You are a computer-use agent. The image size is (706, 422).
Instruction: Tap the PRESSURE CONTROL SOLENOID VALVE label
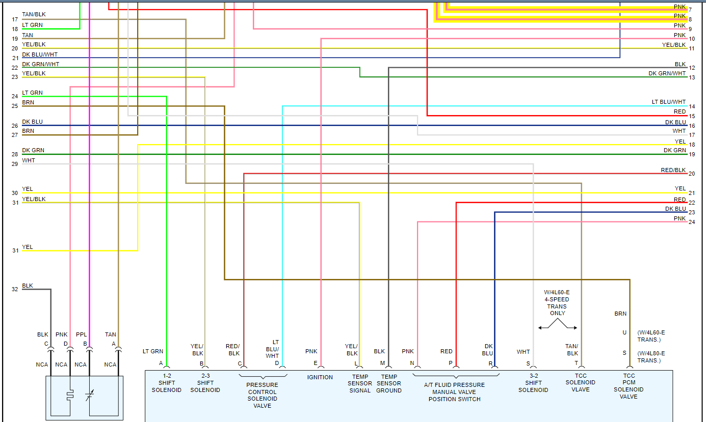click(x=262, y=395)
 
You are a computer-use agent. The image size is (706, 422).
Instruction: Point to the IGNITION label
click(x=320, y=377)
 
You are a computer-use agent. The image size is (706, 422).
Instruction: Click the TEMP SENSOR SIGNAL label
click(x=360, y=384)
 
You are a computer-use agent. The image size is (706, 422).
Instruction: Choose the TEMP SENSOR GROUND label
click(x=389, y=384)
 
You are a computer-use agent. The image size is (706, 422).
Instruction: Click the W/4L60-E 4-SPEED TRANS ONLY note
click(x=557, y=303)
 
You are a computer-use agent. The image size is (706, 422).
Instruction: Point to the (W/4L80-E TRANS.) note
click(x=651, y=357)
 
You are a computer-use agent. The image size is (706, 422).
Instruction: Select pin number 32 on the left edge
click(x=15, y=289)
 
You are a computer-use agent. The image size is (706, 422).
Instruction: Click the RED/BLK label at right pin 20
click(x=673, y=170)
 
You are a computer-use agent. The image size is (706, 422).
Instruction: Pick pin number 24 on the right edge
click(x=692, y=222)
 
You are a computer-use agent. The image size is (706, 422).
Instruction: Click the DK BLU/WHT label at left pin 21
click(x=41, y=54)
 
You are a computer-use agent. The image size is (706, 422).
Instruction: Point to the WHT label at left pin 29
click(x=29, y=160)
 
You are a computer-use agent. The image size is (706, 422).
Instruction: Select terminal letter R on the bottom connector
click(x=490, y=363)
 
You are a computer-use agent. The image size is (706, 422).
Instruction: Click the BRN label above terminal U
click(x=620, y=314)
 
